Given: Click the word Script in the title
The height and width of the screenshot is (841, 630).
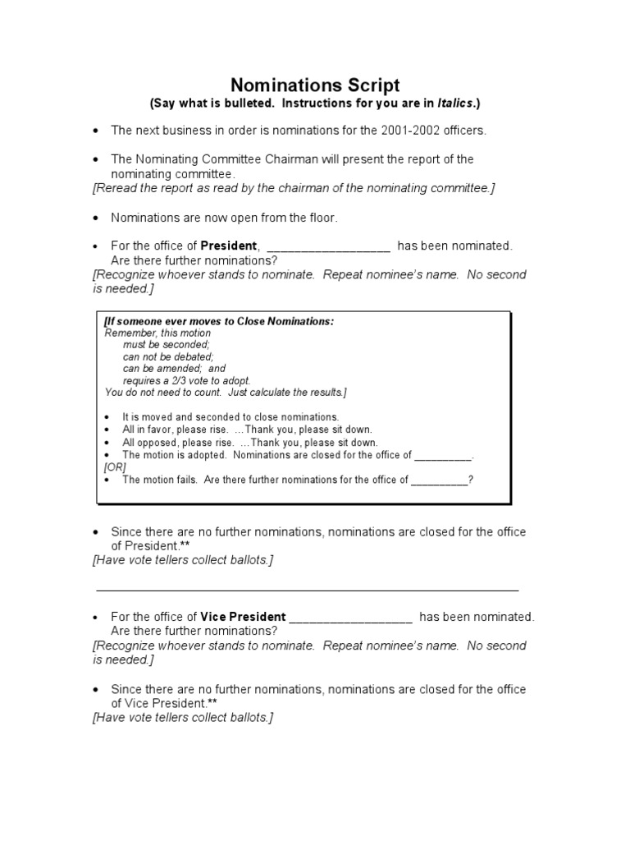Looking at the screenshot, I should [x=371, y=85].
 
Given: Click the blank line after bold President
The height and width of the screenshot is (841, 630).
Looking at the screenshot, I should [x=328, y=246].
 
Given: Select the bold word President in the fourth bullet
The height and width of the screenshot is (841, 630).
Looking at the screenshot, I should [x=230, y=246].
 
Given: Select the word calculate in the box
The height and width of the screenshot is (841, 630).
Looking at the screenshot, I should [x=258, y=392].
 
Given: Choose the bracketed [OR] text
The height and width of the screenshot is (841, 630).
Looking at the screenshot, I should [x=115, y=466].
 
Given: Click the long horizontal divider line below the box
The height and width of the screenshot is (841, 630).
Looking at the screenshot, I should [x=307, y=590].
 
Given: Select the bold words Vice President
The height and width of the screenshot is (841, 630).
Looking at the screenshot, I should [x=244, y=617].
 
